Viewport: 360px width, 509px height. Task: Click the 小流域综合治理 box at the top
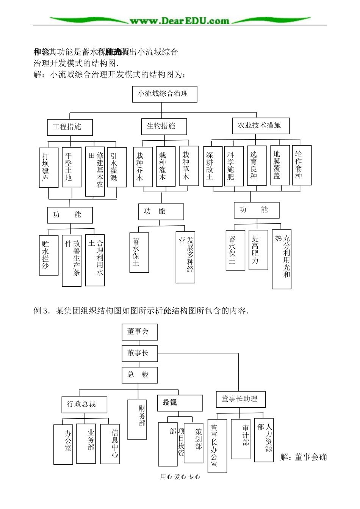click(164, 94)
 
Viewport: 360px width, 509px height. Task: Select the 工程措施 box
click(70, 127)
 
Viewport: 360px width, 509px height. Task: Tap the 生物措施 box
click(164, 126)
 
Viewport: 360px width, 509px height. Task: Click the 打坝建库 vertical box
click(49, 167)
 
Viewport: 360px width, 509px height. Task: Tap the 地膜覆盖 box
click(280, 165)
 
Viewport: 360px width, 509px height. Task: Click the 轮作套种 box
click(302, 165)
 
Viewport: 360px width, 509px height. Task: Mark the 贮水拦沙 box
click(49, 255)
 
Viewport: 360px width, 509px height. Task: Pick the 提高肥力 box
click(258, 250)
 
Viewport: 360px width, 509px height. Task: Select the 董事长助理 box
click(241, 399)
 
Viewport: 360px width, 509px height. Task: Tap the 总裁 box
click(138, 375)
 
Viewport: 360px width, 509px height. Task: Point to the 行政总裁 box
click(84, 404)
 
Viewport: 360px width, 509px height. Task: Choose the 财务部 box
click(137, 419)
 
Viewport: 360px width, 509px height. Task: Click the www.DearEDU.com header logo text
click(180, 21)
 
